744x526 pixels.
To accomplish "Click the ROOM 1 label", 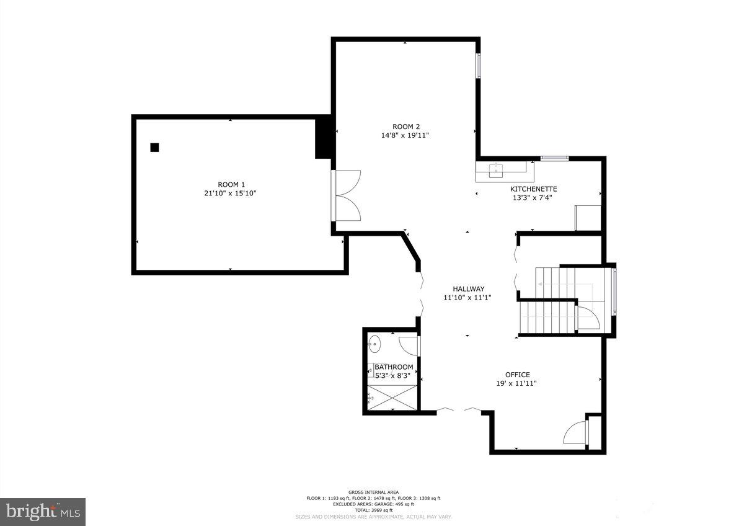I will point(231,184).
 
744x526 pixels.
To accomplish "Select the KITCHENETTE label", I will point(533,189).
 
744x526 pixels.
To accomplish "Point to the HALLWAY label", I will point(468,288).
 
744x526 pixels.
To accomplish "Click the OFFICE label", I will point(517,375).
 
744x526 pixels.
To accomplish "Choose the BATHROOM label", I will point(394,367).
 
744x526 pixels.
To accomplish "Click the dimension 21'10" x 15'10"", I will point(231,194).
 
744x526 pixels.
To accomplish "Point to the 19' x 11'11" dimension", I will point(516,383).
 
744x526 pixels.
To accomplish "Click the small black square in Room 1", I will point(154,147).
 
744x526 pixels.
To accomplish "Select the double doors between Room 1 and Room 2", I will point(348,195).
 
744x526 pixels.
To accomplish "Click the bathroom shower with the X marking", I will point(392,397).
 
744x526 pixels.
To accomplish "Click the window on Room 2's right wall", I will point(478,66).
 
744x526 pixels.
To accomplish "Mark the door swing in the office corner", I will point(575,432).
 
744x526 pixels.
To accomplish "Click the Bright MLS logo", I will point(42,512).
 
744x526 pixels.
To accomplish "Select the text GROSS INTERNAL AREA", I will point(373,492).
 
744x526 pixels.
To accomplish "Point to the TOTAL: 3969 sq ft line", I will point(373,509).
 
